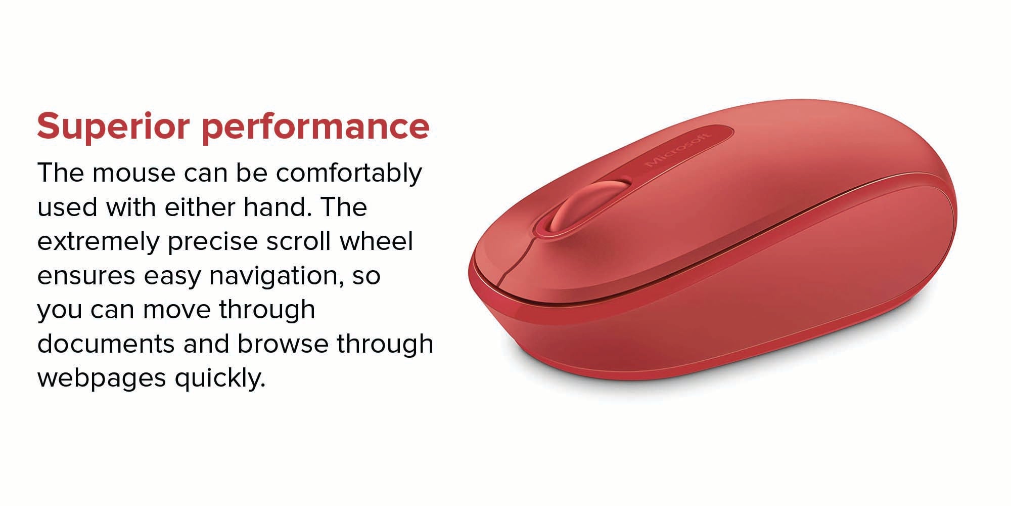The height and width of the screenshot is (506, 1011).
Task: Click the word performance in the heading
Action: coord(316,127)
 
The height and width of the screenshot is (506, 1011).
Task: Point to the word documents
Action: coord(106,344)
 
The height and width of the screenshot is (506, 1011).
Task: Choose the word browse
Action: coord(283,344)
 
